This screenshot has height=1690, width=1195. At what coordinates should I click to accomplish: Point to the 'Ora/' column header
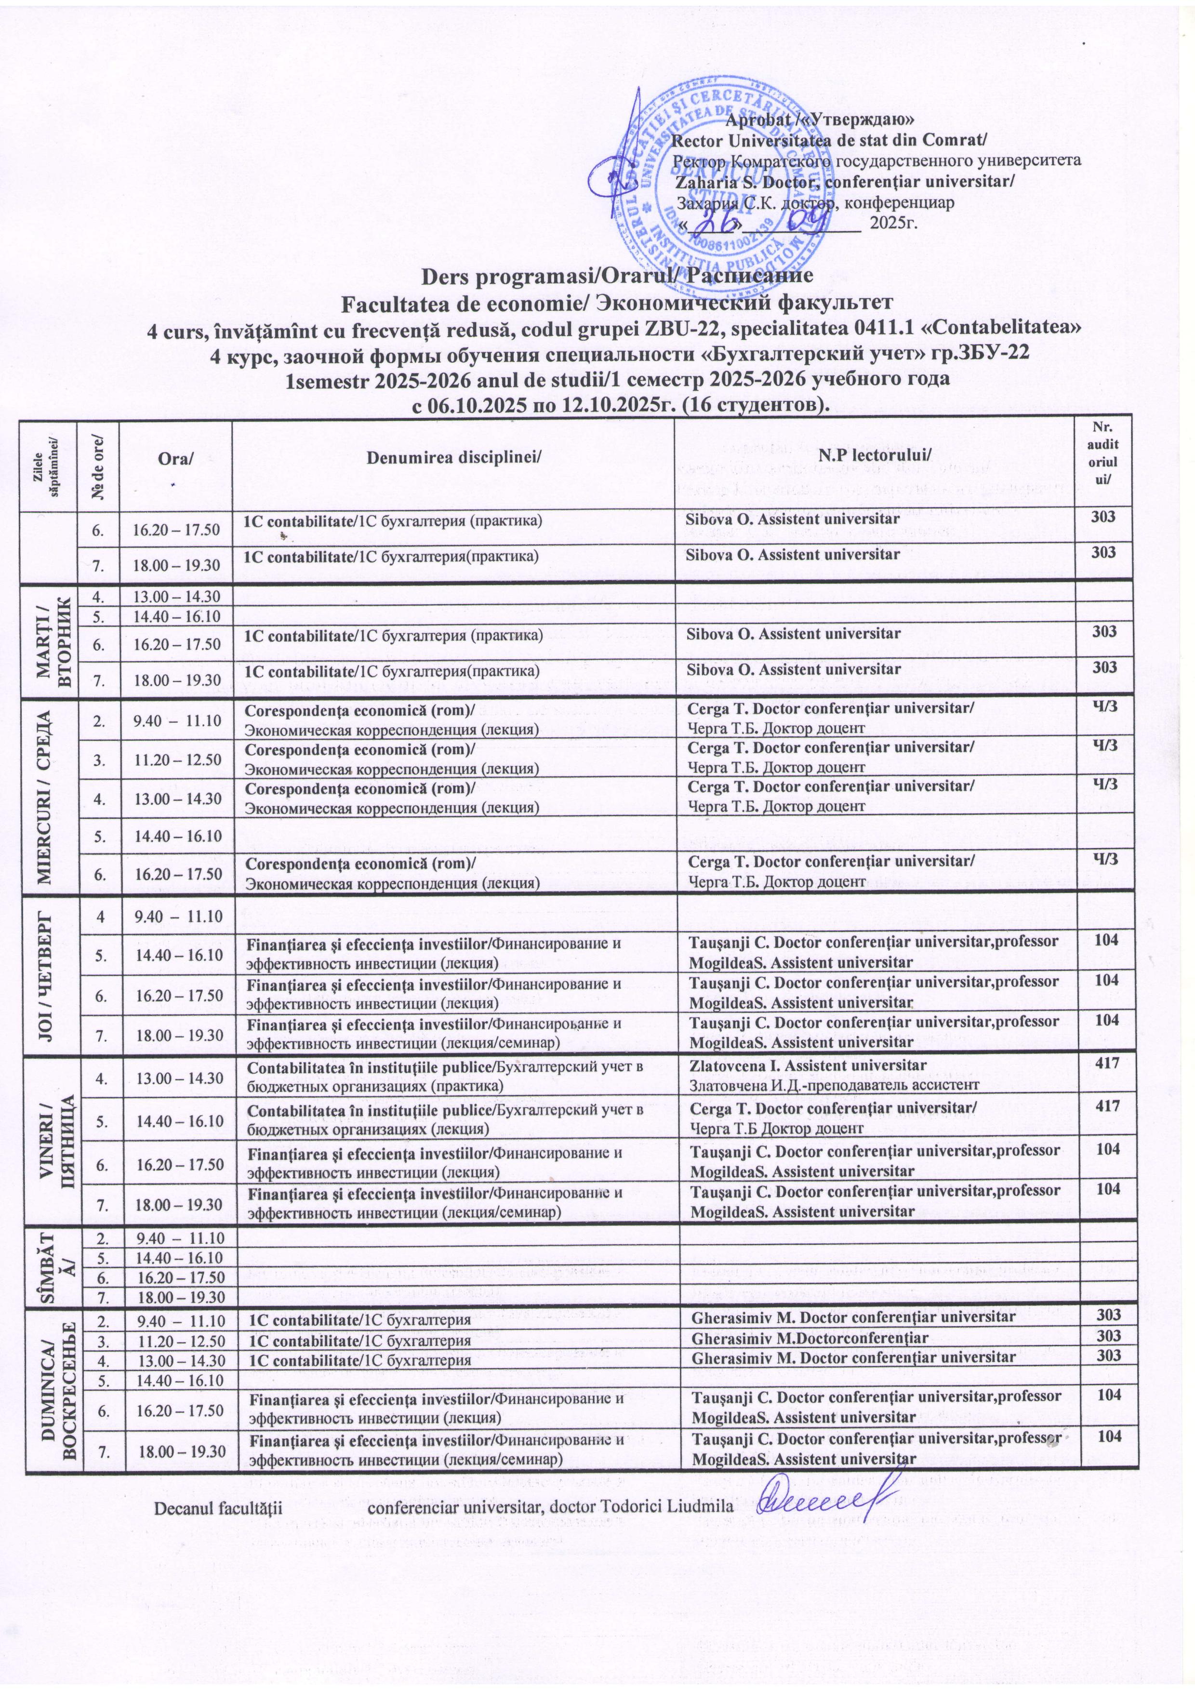175,459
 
